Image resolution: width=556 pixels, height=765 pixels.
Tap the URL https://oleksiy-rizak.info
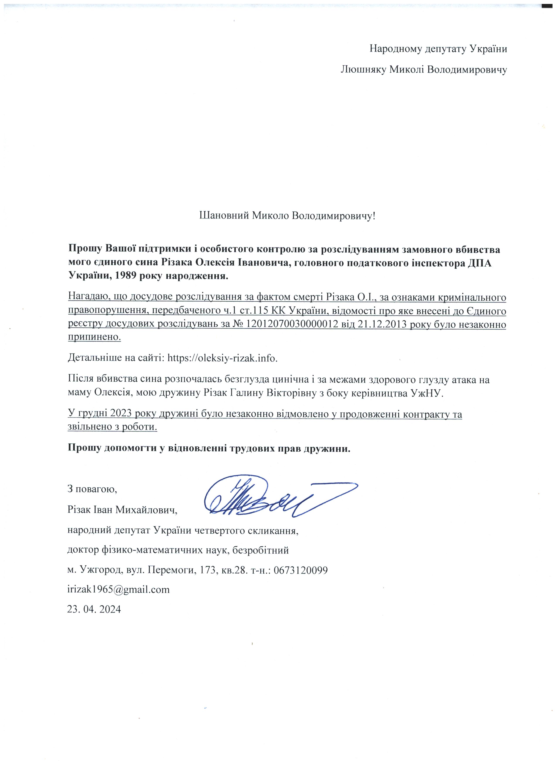[x=223, y=358]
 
